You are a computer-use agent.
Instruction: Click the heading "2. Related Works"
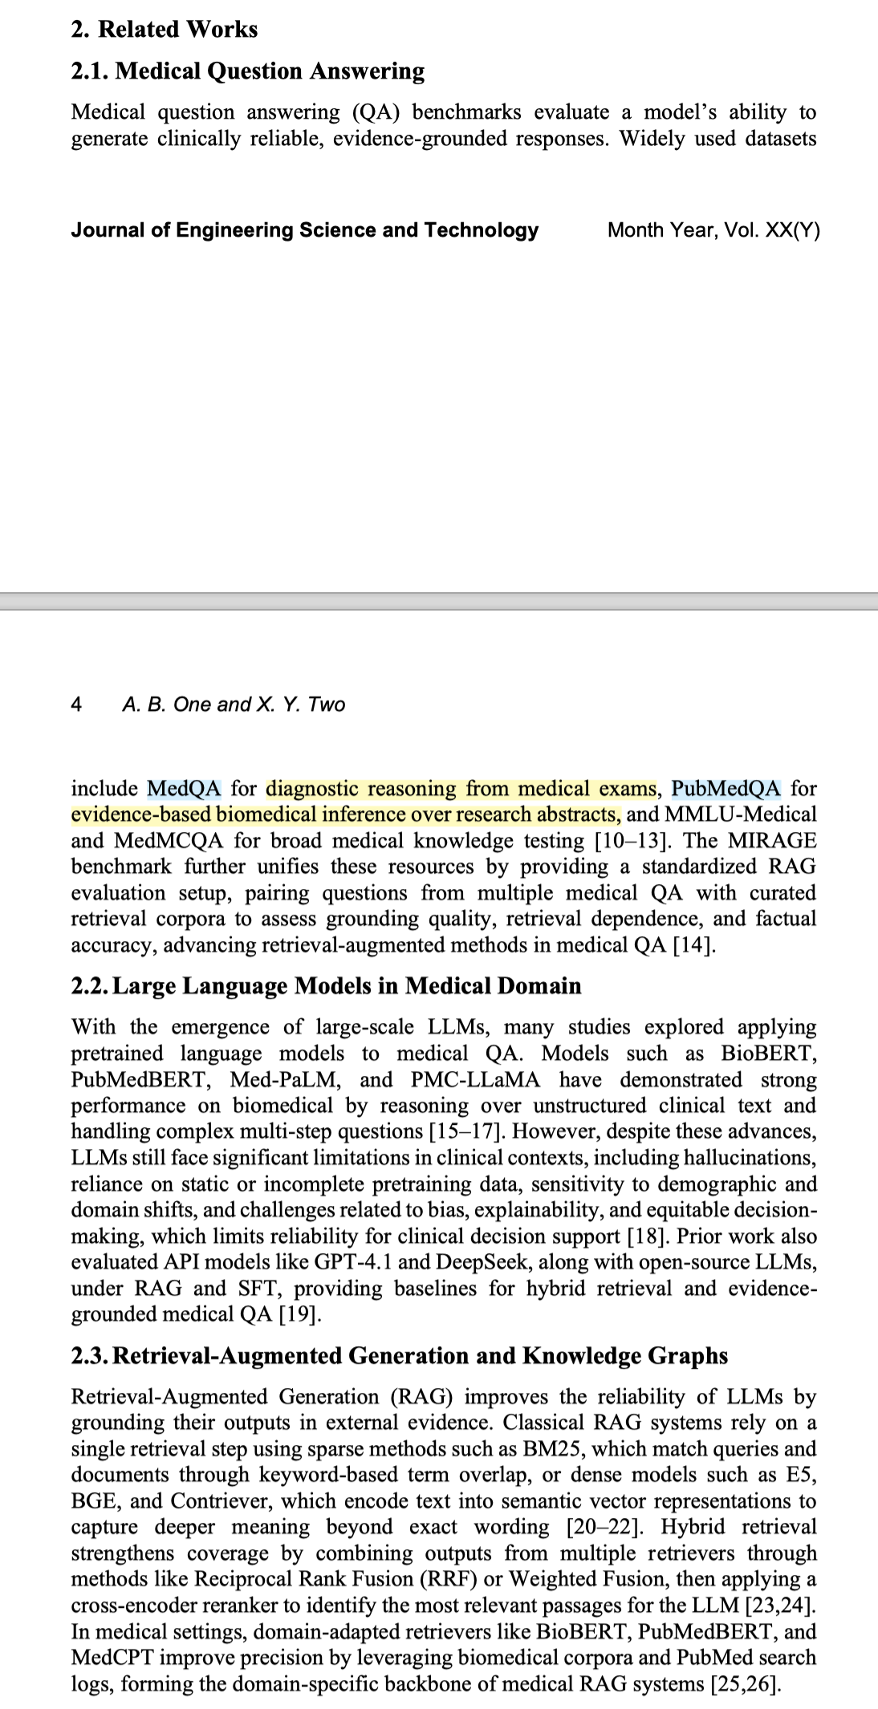pyautogui.click(x=164, y=30)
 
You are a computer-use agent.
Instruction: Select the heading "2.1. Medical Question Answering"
pyautogui.click(x=247, y=71)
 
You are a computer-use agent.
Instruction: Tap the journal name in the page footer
pyautogui.click(x=304, y=230)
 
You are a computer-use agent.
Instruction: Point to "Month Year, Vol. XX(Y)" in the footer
pyautogui.click(x=713, y=230)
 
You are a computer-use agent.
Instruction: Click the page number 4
pyautogui.click(x=76, y=704)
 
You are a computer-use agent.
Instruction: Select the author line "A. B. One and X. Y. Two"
pyautogui.click(x=234, y=704)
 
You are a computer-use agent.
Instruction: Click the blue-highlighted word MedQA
pyautogui.click(x=184, y=789)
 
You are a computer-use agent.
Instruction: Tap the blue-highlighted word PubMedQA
pyautogui.click(x=726, y=789)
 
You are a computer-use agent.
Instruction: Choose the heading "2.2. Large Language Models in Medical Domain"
pyautogui.click(x=326, y=986)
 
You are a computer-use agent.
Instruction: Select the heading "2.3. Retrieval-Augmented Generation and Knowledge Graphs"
pyautogui.click(x=399, y=1356)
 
